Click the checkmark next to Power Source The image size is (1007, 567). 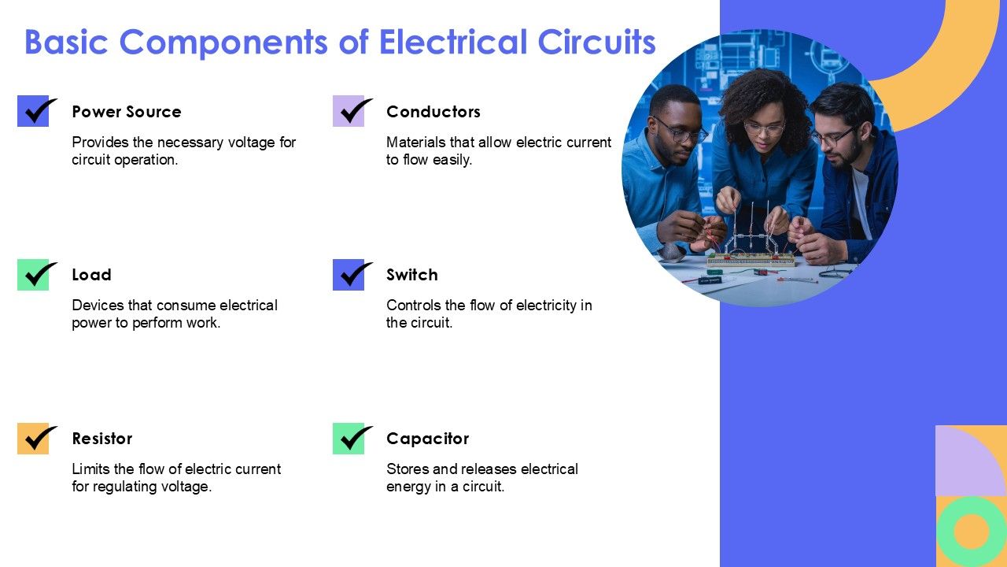(36, 111)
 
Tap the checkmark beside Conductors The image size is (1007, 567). (352, 111)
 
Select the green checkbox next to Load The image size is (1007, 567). (36, 275)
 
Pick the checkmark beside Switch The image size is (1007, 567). (352, 275)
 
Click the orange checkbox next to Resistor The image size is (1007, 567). (36, 439)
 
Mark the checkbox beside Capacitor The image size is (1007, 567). (352, 439)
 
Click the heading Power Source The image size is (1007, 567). (126, 112)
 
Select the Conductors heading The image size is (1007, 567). (433, 112)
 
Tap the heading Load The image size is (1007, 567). (91, 275)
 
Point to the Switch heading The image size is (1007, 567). (411, 275)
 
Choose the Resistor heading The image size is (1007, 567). (101, 439)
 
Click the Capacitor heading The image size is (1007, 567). (427, 439)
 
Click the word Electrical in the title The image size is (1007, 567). (452, 42)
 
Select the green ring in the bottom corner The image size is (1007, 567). (971, 532)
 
